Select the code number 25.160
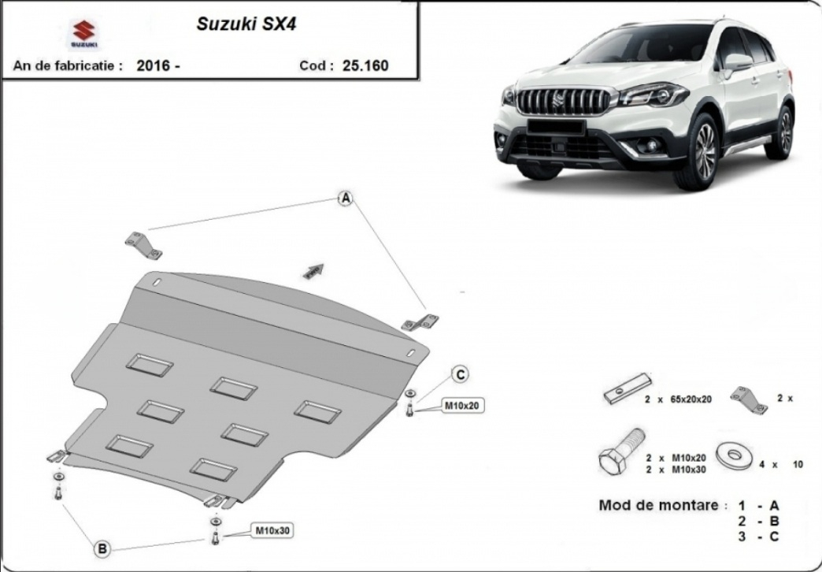[365, 65]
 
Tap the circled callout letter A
[345, 199]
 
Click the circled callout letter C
[461, 373]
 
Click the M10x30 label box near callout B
[272, 530]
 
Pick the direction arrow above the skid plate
[313, 270]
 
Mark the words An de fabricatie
[67, 66]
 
